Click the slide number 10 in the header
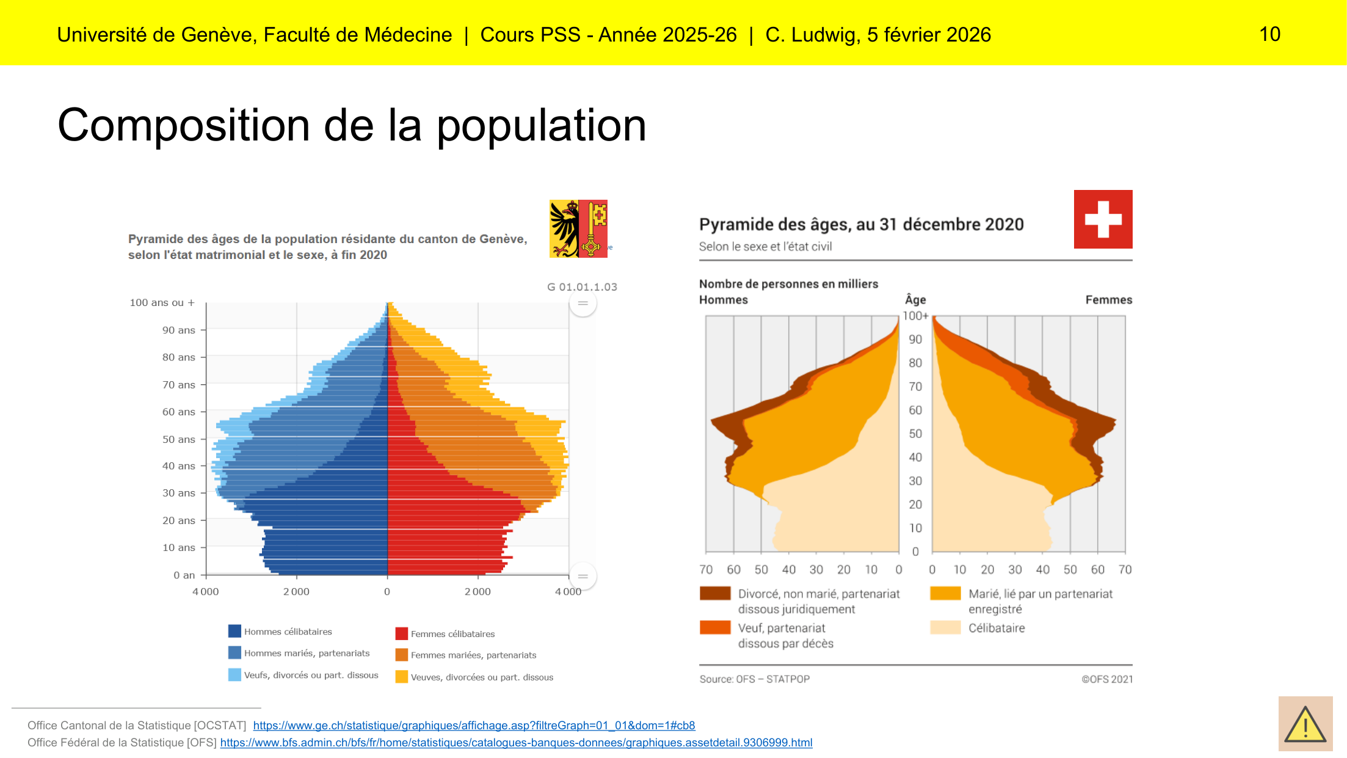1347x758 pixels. coord(1269,34)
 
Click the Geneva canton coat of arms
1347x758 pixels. coord(578,228)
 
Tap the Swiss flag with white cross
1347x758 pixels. coord(1103,219)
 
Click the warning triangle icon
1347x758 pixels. coord(1305,724)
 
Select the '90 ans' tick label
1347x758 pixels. coord(178,330)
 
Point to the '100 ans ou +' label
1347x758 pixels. coord(162,303)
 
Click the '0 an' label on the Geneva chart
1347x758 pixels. coord(184,575)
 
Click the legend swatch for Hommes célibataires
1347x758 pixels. coord(234,631)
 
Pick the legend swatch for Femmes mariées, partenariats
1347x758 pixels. coord(401,655)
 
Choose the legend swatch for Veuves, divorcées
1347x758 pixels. coord(401,677)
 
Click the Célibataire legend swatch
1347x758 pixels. coord(945,628)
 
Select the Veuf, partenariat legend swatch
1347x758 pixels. coord(715,628)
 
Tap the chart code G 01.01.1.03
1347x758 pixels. coord(582,287)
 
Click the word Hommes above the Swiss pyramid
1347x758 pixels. coord(723,300)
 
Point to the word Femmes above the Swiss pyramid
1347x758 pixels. coord(1108,300)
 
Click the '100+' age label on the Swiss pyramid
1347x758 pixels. coord(915,316)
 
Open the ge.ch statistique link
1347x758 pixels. coord(474,726)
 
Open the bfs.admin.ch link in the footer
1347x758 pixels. coord(516,743)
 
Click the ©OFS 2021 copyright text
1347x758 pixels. coord(1106,679)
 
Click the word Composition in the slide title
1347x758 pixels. coord(183,125)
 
